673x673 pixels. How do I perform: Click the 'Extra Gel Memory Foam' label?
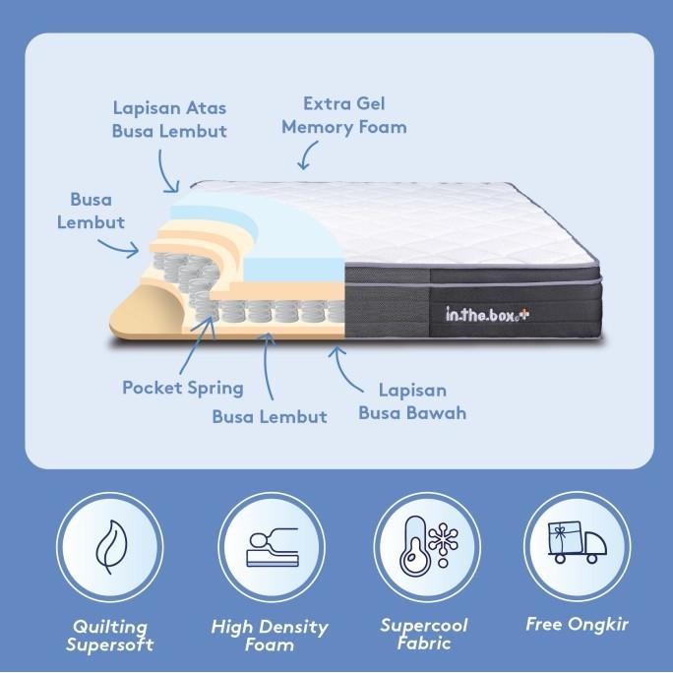[343, 115]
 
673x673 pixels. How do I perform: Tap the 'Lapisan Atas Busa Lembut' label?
[170, 118]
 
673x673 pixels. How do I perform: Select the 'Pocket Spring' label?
[183, 387]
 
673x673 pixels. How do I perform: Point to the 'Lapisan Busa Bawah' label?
[412, 400]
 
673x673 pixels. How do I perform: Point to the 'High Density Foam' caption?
[270, 636]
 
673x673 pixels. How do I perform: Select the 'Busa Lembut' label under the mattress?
[270, 416]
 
